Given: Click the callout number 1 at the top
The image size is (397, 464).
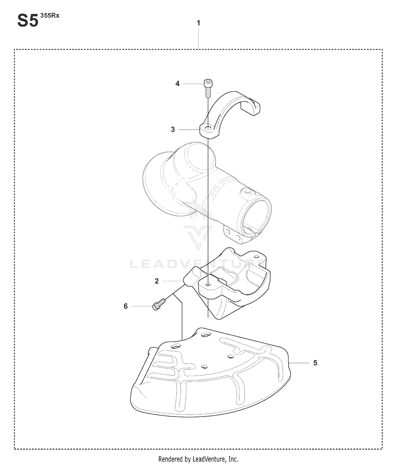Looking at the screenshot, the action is (198, 23).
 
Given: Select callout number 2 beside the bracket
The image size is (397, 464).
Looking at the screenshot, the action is (157, 281).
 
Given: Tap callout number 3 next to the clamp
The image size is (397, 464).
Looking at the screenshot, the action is (173, 130).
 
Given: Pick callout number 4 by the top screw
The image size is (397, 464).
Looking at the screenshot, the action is (177, 84).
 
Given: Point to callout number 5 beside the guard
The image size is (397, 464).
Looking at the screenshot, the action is (315, 363).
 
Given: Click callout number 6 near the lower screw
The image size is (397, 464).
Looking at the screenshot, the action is (126, 306).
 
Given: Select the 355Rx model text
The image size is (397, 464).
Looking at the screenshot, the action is (50, 16).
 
